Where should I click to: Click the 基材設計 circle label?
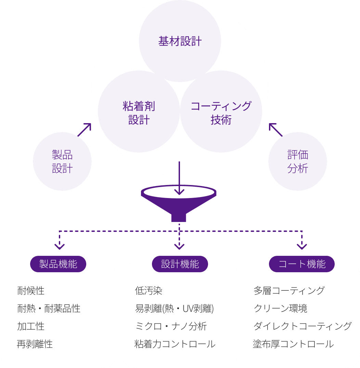180,41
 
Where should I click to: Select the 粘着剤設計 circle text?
139,113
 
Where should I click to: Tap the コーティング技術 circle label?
221,113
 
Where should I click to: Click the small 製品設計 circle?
62,161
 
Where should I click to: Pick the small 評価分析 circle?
298,161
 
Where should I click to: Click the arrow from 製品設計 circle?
85,130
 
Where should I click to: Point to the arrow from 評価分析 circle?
275,130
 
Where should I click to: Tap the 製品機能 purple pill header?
58,264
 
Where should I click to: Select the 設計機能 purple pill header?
180,264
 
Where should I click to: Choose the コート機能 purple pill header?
302,264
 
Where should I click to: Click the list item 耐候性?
31,291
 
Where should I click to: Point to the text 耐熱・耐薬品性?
49,308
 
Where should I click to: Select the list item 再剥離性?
35,344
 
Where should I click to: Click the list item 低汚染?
149,291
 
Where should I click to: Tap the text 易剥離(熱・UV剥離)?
175,308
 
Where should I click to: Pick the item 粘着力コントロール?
175,344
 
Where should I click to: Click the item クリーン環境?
280,308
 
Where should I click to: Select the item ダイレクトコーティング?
302,326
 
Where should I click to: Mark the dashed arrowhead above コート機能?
302,246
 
